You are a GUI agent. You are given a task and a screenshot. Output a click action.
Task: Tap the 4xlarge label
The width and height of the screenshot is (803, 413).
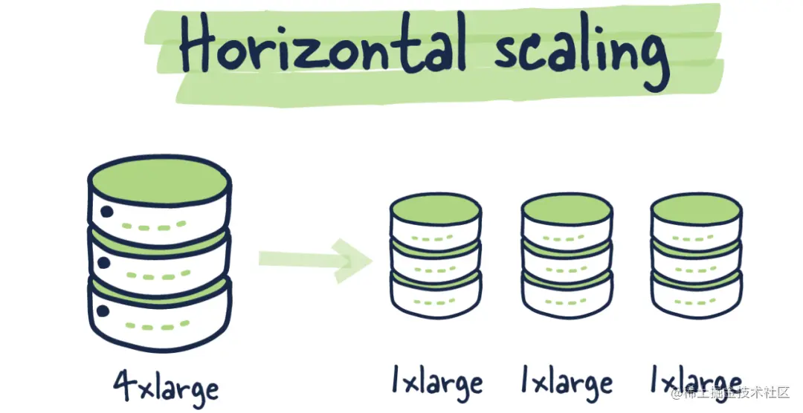click(x=167, y=387)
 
